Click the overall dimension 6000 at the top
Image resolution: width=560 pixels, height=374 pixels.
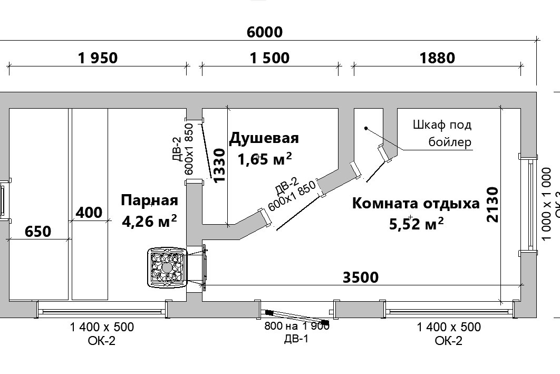point(265,32)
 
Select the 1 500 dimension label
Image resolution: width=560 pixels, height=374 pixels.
point(269,57)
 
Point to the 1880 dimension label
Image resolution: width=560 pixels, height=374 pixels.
point(437,57)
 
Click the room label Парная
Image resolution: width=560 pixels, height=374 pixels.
point(149,200)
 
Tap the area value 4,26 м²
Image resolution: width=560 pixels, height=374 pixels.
point(149,220)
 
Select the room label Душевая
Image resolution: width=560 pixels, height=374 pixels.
point(264,138)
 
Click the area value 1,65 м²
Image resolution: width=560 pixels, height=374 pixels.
point(265,158)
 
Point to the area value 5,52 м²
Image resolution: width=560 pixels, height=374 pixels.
point(416,224)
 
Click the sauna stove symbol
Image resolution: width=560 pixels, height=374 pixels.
point(167,268)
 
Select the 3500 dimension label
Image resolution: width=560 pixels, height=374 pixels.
point(361,277)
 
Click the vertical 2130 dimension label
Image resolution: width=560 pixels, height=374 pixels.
point(493,204)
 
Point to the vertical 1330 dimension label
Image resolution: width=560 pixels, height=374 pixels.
point(219,165)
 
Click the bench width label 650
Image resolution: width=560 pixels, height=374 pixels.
point(38,231)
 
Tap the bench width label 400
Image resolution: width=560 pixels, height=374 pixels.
point(89,212)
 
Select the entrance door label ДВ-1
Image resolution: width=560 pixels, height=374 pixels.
point(296,339)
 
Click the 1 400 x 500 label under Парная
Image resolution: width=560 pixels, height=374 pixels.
point(102,327)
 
